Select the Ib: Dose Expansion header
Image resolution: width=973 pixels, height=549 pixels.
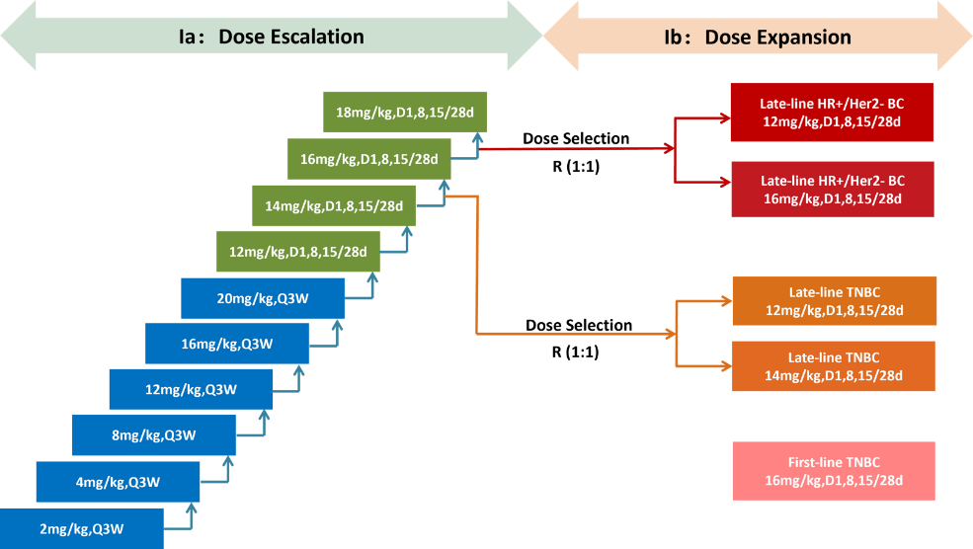click(758, 38)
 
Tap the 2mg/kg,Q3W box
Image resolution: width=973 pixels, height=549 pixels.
click(81, 528)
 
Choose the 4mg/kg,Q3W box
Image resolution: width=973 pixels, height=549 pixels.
click(118, 482)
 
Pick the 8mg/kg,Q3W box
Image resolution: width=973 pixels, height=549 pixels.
click(153, 435)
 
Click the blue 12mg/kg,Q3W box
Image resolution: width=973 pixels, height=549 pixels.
click(191, 389)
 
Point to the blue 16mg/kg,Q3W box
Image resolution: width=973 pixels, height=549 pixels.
click(227, 344)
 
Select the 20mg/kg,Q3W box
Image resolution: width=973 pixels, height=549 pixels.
click(263, 297)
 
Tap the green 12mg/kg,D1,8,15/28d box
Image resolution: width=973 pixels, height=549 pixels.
click(298, 252)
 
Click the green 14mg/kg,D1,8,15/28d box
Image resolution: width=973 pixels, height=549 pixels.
click(334, 205)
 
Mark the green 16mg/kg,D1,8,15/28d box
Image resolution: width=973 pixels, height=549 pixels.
click(369, 159)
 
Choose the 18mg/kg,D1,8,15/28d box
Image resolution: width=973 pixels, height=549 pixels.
click(406, 113)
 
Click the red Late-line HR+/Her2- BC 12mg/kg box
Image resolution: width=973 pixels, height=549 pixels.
click(832, 113)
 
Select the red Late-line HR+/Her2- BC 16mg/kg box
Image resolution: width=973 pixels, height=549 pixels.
click(832, 190)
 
